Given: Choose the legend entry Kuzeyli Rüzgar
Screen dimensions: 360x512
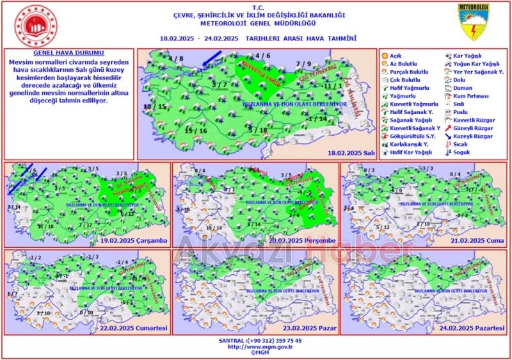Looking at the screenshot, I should pyautogui.click(x=472, y=136).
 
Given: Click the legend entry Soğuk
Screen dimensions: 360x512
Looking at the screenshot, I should pyautogui.click(x=461, y=152).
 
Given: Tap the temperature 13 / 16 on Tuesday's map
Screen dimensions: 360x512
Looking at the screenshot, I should pyautogui.click(x=196, y=131).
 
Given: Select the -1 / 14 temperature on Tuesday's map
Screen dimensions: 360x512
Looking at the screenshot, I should pyautogui.click(x=317, y=119).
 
